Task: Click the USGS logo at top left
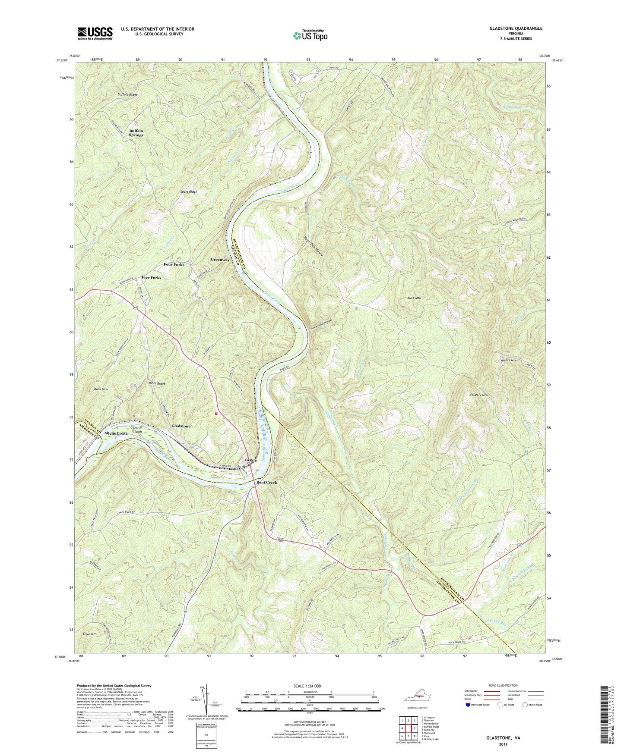(x=95, y=33)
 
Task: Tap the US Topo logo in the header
(x=309, y=35)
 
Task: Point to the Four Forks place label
(x=174, y=264)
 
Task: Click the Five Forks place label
(x=151, y=278)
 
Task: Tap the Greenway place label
(x=220, y=260)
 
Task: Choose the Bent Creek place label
(x=266, y=483)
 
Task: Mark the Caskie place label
(x=251, y=460)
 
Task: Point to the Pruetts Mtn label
(x=478, y=395)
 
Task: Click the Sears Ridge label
(x=188, y=191)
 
